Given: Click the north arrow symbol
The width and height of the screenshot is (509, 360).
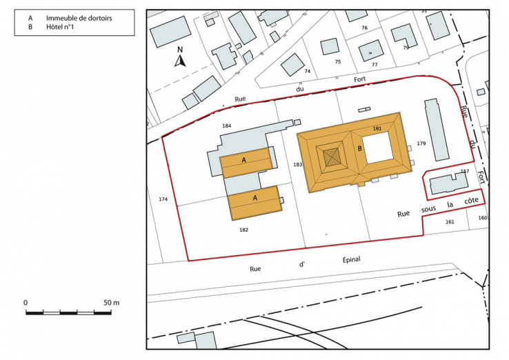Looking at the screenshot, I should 179,59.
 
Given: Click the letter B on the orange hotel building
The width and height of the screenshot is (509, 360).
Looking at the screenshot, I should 359,148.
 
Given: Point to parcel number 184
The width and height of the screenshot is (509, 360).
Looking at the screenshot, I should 226,126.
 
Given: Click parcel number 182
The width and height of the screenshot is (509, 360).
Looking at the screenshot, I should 243,229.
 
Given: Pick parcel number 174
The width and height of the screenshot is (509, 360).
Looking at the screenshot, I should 163,199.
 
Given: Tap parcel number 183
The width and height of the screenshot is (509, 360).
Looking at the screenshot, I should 297,165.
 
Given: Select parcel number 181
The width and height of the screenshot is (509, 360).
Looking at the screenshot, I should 377,129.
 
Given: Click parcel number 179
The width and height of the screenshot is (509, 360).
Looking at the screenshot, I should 421,143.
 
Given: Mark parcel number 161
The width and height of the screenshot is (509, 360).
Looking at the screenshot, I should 450,222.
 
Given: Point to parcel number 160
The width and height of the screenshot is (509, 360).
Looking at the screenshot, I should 481,218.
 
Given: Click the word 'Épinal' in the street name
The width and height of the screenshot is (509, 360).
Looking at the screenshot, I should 351,260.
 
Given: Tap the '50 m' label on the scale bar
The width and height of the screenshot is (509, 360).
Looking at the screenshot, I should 112,303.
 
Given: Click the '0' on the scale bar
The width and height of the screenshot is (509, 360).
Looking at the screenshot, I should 26,303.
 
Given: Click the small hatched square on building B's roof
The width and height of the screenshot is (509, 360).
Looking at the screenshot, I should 333,157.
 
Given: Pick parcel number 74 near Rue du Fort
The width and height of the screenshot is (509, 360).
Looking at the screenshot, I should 308,72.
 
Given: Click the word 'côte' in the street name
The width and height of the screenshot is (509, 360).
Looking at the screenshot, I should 472,201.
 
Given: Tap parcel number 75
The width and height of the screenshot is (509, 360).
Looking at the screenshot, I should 337,62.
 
